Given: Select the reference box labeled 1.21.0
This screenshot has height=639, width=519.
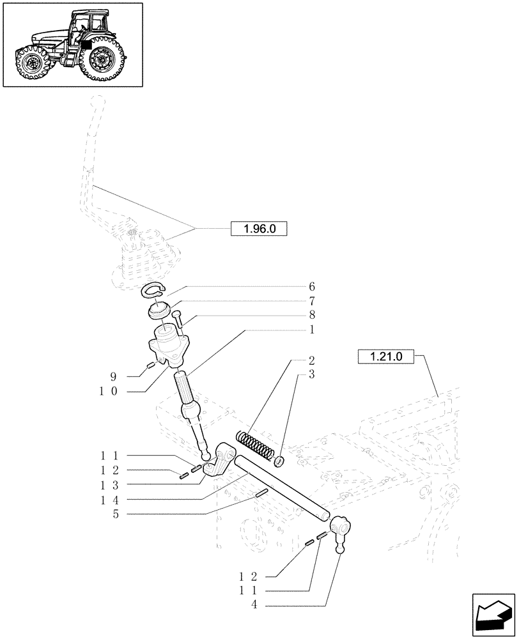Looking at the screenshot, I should [x=387, y=357].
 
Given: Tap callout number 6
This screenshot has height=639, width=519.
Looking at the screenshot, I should [x=311, y=287].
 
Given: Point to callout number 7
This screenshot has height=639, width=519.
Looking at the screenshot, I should [x=311, y=301].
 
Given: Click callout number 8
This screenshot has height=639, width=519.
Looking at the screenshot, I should [x=311, y=315].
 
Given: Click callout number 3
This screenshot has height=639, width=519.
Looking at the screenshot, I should [x=311, y=375].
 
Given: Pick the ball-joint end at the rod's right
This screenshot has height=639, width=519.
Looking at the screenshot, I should [x=338, y=531].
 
